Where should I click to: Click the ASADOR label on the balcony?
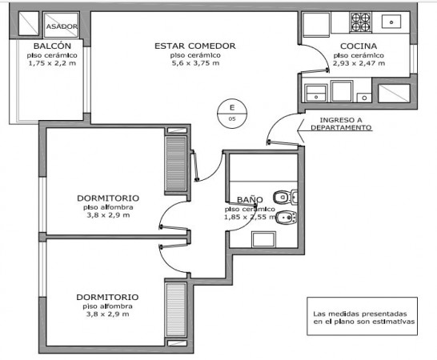tap(62, 26)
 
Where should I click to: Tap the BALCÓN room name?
tap(52, 46)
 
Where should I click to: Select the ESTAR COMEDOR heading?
tap(195, 46)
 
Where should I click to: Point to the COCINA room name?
tap(359, 46)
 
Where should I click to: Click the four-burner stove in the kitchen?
tap(361, 22)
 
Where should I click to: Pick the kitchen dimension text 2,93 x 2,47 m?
tap(359, 63)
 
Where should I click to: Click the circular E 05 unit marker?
tap(232, 114)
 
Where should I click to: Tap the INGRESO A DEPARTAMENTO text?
tap(341, 124)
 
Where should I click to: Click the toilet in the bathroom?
tap(286, 197)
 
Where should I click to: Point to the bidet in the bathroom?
tap(286, 218)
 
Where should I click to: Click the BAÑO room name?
tap(250, 199)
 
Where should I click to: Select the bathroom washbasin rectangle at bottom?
tap(263, 239)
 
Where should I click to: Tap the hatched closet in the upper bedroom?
tap(175, 164)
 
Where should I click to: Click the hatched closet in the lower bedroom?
tap(175, 310)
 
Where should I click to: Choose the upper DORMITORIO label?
tap(108, 198)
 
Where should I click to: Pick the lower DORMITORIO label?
tap(107, 297)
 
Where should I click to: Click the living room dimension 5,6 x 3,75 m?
tap(195, 63)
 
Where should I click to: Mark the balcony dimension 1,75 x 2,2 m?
tap(52, 63)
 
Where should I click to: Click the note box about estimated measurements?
tap(362, 316)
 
